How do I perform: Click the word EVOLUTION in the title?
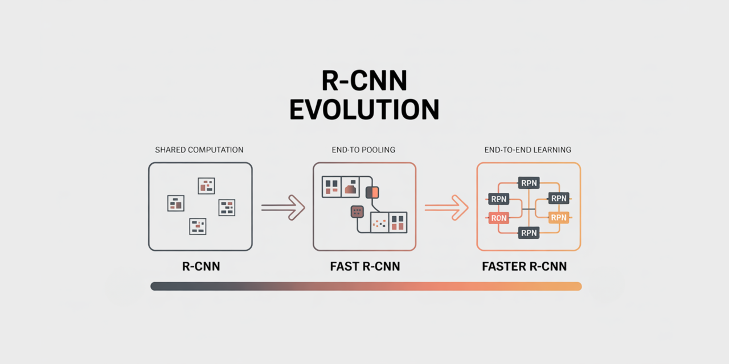pos(364,109)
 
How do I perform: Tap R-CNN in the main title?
pos(364,81)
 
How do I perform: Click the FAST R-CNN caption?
pos(364,266)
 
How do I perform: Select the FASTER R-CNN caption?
pos(524,266)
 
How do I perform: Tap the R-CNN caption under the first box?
pos(200,266)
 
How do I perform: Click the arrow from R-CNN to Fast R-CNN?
pos(283,207)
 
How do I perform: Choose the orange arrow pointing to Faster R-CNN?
pos(447,207)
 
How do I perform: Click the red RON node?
pos(498,217)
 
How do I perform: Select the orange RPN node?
pos(559,217)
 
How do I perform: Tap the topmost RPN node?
pos(529,183)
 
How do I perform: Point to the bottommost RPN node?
pos(529,232)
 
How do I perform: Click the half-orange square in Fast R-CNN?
pos(372,192)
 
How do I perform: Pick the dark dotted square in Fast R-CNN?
pos(357,212)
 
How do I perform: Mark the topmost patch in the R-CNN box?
pos(206,185)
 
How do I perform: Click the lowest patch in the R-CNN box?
pos(197,226)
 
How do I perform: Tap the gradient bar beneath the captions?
pos(366,286)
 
